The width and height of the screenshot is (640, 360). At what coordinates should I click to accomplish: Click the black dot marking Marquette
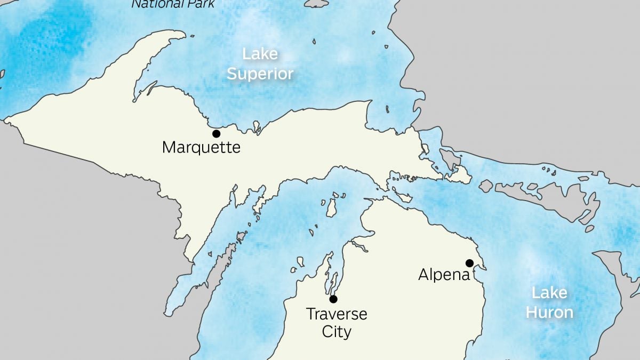tap(216, 133)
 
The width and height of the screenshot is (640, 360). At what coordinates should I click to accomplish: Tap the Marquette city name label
tap(201, 147)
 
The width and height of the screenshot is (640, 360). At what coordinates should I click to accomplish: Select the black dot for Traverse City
tap(333, 299)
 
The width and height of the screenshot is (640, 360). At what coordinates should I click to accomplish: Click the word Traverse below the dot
tap(337, 314)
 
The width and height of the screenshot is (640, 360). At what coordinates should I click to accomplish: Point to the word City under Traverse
tap(337, 332)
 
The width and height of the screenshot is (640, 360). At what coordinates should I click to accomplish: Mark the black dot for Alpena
tap(469, 262)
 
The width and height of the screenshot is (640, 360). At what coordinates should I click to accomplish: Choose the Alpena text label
tap(444, 275)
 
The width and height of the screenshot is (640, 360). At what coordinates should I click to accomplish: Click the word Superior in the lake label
tap(260, 74)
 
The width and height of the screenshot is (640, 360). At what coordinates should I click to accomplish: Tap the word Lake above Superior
tap(260, 54)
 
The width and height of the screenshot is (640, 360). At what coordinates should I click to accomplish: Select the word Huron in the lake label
tap(549, 311)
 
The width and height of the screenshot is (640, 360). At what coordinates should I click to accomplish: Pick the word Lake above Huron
tap(549, 292)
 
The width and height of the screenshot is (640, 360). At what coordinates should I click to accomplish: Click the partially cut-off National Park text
tap(173, 4)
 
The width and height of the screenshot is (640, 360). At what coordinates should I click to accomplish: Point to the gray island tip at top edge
tap(317, 3)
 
